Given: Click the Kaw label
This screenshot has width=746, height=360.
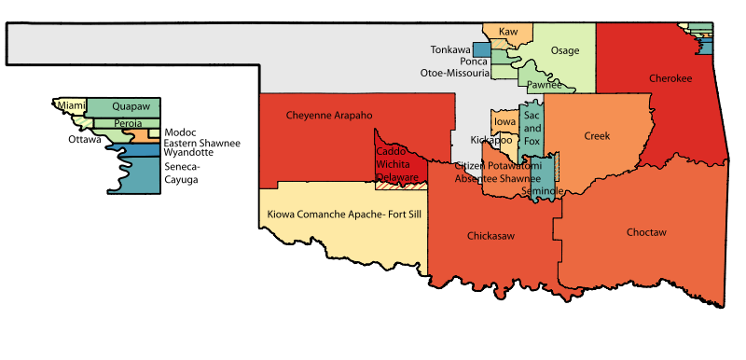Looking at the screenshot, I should click(x=508, y=32).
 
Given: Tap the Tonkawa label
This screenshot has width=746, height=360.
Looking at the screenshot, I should click(x=450, y=49).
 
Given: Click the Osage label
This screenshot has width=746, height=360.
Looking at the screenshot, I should click(x=565, y=50).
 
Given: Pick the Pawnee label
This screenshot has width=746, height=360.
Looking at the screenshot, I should click(x=544, y=85).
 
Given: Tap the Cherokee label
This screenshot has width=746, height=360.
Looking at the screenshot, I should click(x=672, y=79).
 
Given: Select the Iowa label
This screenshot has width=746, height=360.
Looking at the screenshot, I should click(x=504, y=122).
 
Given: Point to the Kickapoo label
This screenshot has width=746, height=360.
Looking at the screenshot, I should click(x=491, y=140).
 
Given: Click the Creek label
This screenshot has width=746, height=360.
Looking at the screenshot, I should click(x=597, y=136).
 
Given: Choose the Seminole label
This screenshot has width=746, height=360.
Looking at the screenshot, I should click(x=542, y=190).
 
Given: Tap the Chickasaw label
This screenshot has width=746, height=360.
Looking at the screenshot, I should click(x=490, y=236).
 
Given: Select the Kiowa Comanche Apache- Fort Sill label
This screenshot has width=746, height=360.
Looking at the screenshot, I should click(x=344, y=215).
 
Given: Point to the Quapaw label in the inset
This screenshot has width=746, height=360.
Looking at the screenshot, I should click(x=130, y=106).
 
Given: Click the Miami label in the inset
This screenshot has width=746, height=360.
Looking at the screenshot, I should click(x=72, y=105).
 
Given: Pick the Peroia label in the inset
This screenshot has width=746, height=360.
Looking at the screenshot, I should click(x=129, y=123).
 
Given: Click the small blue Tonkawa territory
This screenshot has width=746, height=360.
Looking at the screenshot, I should click(x=481, y=49).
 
